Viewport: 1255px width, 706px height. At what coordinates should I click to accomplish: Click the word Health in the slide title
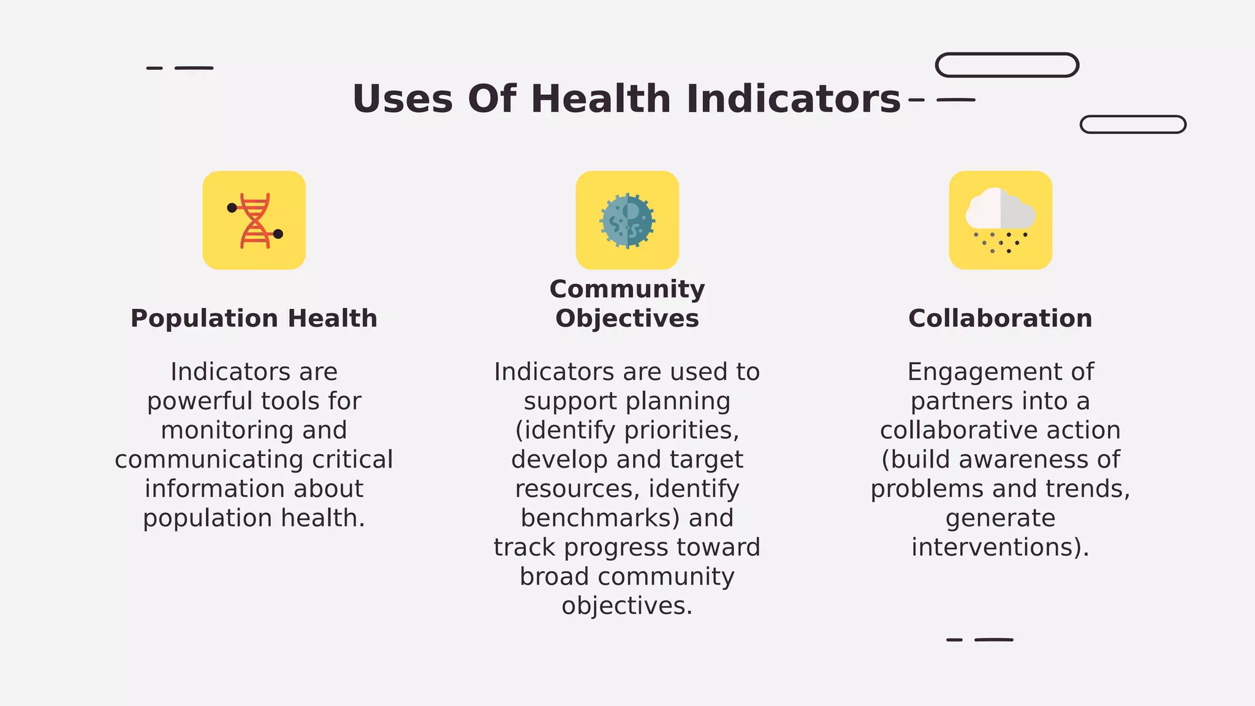pyautogui.click(x=601, y=99)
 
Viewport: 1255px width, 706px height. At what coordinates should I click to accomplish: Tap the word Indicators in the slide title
pyautogui.click(x=793, y=99)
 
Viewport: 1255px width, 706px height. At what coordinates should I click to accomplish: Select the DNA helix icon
pyautogui.click(x=254, y=221)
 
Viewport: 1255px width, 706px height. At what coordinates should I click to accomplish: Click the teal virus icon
pyautogui.click(x=627, y=221)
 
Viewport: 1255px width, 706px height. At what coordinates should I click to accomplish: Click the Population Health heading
pyautogui.click(x=254, y=319)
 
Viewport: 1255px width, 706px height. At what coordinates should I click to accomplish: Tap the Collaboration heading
pyautogui.click(x=1000, y=319)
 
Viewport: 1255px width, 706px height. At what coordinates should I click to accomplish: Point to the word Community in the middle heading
pyautogui.click(x=627, y=289)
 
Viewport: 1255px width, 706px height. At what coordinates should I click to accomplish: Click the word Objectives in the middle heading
pyautogui.click(x=627, y=319)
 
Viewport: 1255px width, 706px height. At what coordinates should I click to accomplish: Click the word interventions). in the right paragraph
pyautogui.click(x=1000, y=547)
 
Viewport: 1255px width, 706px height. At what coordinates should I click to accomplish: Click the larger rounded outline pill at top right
pyautogui.click(x=1007, y=65)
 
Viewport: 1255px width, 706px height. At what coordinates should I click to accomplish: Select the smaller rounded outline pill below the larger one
pyautogui.click(x=1132, y=124)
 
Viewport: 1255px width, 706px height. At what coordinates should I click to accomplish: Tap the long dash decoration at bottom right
pyautogui.click(x=993, y=640)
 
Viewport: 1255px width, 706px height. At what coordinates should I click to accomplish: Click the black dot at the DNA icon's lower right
pyautogui.click(x=278, y=234)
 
